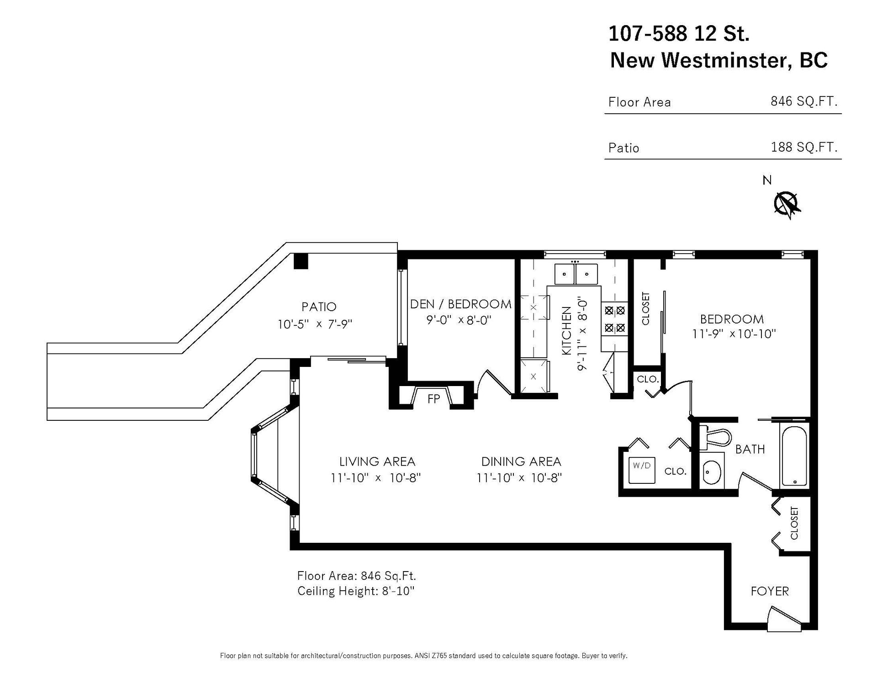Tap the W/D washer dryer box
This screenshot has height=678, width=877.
pyautogui.click(x=641, y=469)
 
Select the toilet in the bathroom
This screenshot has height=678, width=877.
pyautogui.click(x=715, y=436)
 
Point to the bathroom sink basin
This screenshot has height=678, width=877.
pyautogui.click(x=712, y=472)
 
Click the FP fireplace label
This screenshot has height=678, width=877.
pyautogui.click(x=433, y=399)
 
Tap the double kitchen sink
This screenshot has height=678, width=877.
pyautogui.click(x=576, y=274)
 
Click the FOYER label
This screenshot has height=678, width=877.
pyautogui.click(x=770, y=591)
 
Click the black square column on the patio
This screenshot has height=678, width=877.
pyautogui.click(x=301, y=261)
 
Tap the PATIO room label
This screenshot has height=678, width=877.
pyautogui.click(x=319, y=307)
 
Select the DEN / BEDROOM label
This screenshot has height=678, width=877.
pyautogui.click(x=460, y=304)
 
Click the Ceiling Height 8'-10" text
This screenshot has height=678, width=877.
pyautogui.click(x=355, y=591)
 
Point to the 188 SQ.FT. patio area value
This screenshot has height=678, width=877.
pyautogui.click(x=804, y=147)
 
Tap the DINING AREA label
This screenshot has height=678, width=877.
pyautogui.click(x=521, y=461)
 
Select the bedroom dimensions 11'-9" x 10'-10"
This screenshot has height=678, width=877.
pyautogui.click(x=734, y=334)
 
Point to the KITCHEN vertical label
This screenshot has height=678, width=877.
pyautogui.click(x=566, y=331)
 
